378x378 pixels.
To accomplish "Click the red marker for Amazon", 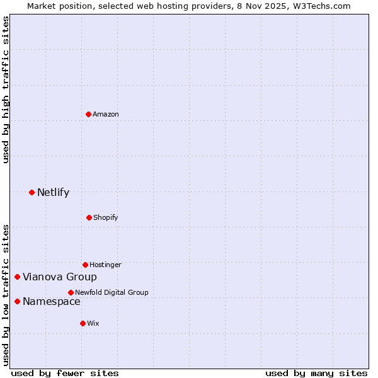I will pos(88,114).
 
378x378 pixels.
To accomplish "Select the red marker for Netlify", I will pos(31,192).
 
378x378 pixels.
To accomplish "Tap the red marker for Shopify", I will pos(89,217).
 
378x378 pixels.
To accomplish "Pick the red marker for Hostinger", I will pos(85,265).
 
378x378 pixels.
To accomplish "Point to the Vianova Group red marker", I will pos(17,277).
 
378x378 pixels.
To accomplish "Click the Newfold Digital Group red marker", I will pos(71,292).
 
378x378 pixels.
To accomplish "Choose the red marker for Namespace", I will pos(17,301).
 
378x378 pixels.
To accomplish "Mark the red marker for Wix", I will pos(83,323).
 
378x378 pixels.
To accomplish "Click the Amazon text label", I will pos(106,114).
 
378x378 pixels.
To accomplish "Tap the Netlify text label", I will pos(53,192).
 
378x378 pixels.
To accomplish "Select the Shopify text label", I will pos(106,217).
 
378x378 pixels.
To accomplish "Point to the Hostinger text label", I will pos(105,265).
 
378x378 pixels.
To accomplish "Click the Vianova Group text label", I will pos(60,277).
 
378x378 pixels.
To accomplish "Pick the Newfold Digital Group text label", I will pos(112,292).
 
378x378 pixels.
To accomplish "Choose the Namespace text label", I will pos(52,301).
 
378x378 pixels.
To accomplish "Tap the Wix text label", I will pos(93,323).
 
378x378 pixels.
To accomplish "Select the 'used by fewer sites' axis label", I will pos(65,373).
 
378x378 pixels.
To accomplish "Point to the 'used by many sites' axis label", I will pos(316,373).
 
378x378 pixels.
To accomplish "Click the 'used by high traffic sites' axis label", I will pos(6,89).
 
